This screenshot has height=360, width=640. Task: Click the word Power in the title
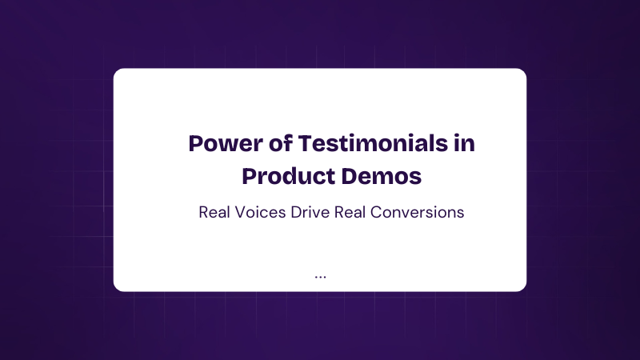[226, 143]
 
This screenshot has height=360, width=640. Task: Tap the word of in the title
[281, 143]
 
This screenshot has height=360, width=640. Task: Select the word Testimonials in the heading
[373, 143]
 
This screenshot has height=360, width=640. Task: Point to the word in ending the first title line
[465, 143]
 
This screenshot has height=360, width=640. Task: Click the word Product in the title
[289, 176]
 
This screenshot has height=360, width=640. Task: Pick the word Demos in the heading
[382, 176]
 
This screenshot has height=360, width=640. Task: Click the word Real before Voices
[214, 212]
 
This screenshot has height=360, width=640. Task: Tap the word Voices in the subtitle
[260, 212]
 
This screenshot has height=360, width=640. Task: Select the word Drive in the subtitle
[310, 212]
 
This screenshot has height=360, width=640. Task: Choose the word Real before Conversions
[350, 212]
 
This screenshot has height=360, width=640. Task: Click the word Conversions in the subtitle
[417, 212]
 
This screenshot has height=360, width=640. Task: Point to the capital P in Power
[196, 143]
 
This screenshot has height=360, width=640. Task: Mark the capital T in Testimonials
[306, 143]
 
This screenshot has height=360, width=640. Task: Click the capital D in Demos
[350, 176]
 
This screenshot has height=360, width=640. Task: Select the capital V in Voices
[240, 212]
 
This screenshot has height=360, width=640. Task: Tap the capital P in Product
[250, 176]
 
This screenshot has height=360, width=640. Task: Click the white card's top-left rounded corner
[116, 71]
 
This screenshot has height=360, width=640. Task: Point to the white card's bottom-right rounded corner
[524, 289]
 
